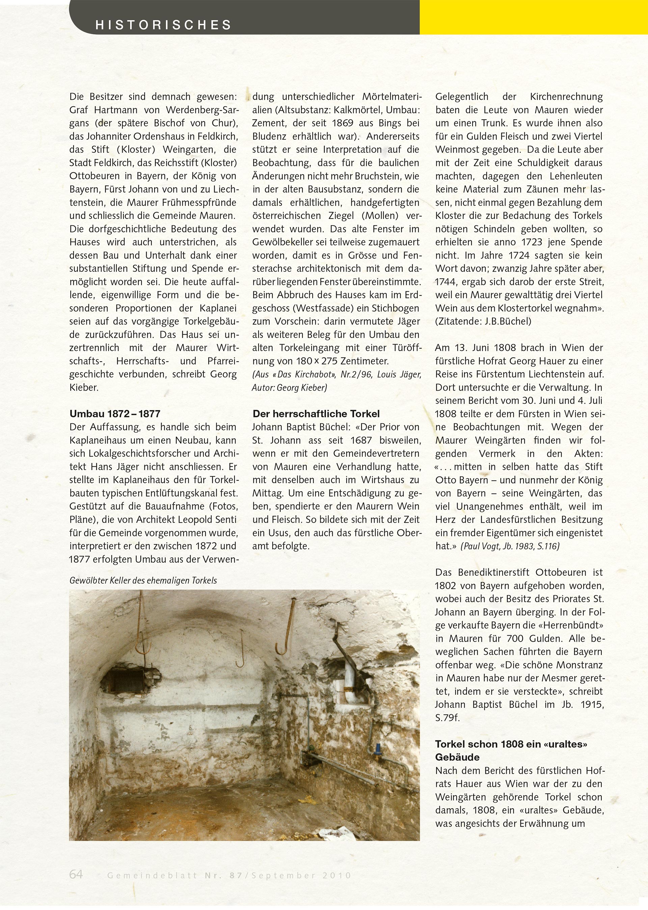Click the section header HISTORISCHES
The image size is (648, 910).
164,25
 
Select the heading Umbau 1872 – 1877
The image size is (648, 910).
115,414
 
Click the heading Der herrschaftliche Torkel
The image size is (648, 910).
316,414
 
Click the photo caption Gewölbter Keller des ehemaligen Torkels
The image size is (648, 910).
143,581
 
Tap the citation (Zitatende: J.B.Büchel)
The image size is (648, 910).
483,322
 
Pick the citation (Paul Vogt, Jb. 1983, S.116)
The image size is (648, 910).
510,546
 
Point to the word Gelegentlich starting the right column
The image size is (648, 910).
462,97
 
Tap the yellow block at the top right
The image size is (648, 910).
533,17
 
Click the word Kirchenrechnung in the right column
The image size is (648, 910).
566,97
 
